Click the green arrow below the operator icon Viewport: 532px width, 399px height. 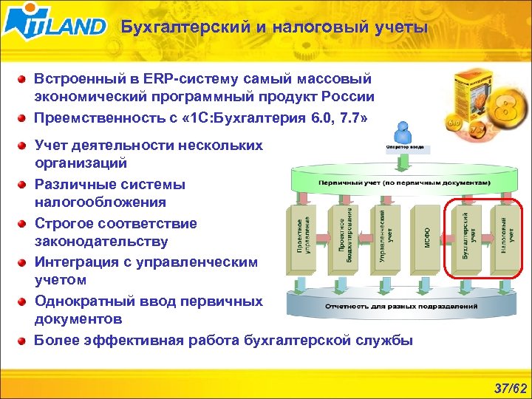point(403,160)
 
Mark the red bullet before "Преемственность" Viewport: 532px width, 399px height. point(24,117)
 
